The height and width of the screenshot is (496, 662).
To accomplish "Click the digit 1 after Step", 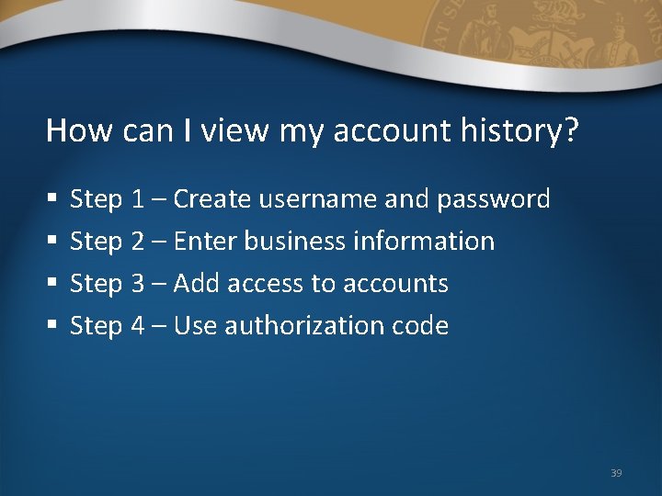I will [x=137, y=198].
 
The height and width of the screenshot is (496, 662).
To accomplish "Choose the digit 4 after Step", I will [x=137, y=326].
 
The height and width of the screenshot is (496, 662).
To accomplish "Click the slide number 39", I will [x=616, y=473].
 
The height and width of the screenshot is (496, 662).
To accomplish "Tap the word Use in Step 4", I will [x=193, y=326].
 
